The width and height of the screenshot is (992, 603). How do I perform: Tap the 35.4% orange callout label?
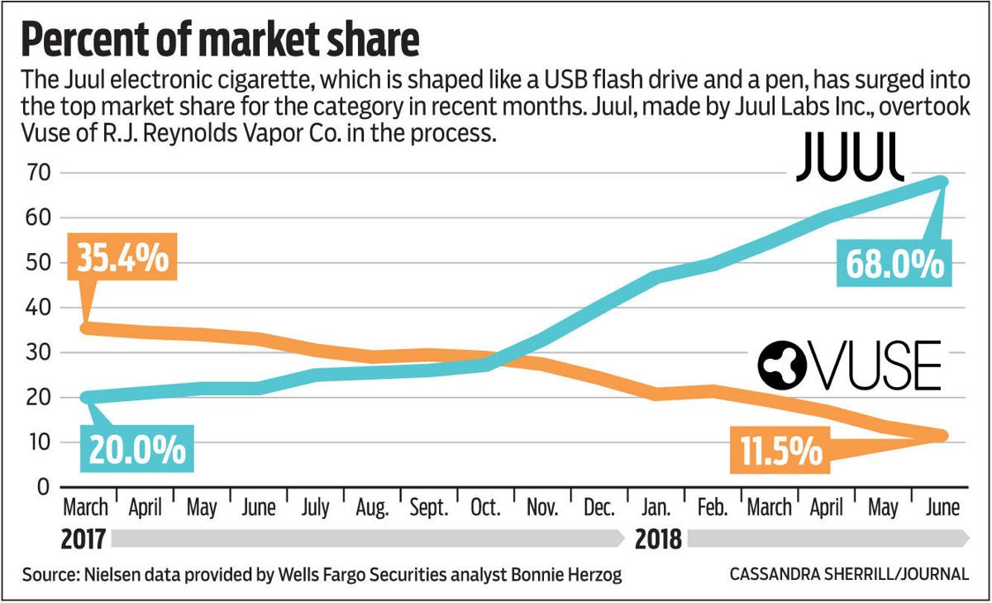[x=124, y=258]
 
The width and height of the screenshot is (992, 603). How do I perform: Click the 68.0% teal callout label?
[x=893, y=264]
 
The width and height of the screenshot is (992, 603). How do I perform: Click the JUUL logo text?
[x=850, y=162]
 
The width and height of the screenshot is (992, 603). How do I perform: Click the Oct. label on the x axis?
[x=484, y=507]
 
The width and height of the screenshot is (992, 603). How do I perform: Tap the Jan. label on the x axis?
[x=656, y=507]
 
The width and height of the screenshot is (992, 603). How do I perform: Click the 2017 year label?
[x=83, y=540]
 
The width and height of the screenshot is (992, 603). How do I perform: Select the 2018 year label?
[x=659, y=540]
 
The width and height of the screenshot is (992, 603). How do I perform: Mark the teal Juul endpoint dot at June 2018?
[x=942, y=181]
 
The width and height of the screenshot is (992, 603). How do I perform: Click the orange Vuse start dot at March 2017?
[x=86, y=328]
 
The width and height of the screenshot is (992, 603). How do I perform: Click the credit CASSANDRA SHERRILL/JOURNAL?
[x=849, y=574]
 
